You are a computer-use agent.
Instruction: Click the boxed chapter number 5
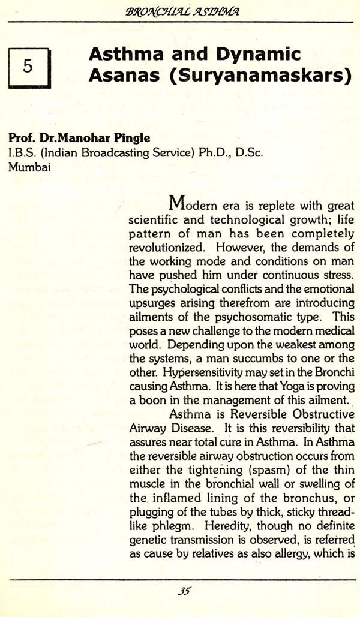[28, 67]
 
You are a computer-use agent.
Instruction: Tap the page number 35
[184, 591]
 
